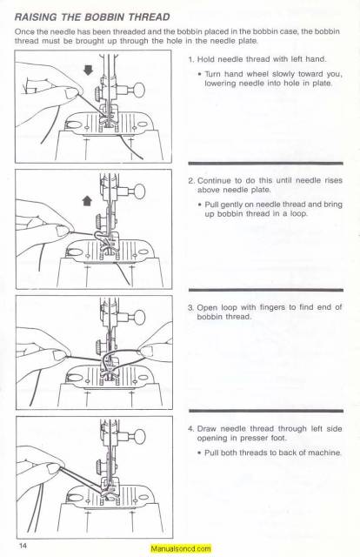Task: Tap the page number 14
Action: click(22, 545)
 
